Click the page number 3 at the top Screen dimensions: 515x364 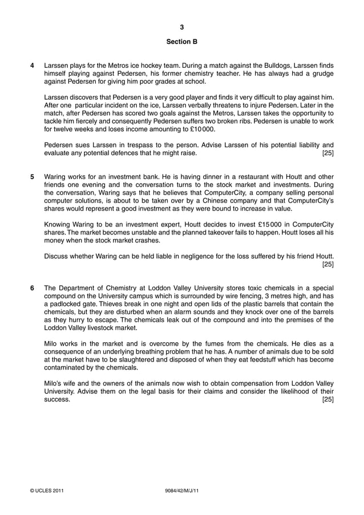[181, 27]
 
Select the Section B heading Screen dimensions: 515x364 [181, 42]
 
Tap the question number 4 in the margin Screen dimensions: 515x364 [32, 66]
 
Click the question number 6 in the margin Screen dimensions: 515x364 [32, 288]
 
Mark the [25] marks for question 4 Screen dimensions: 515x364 [327, 153]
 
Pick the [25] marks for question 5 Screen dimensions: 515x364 [327, 265]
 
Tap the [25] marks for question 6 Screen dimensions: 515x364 [327, 400]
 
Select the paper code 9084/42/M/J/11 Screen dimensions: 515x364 [181, 491]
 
